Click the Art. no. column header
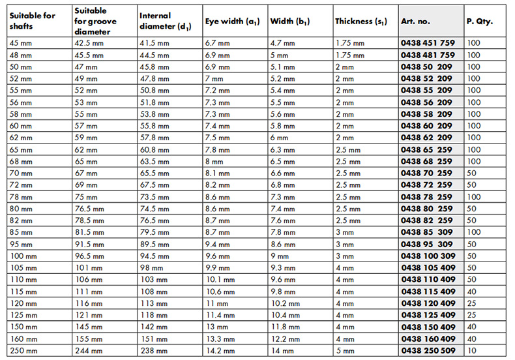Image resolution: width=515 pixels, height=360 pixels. click(x=415, y=22)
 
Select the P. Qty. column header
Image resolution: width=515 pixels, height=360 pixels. click(x=480, y=22)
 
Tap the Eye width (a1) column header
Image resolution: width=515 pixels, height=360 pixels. click(x=232, y=22)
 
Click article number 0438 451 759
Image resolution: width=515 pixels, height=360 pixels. click(x=428, y=43)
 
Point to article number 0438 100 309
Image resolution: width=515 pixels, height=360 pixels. click(x=428, y=255)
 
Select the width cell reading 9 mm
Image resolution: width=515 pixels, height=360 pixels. click(x=279, y=255)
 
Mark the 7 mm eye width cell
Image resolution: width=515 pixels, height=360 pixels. click(x=214, y=78)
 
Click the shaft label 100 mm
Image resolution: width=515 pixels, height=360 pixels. click(x=22, y=255)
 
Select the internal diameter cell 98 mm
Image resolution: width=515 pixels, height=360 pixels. click(x=151, y=267)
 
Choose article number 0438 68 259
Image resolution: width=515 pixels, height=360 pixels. click(x=426, y=160)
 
